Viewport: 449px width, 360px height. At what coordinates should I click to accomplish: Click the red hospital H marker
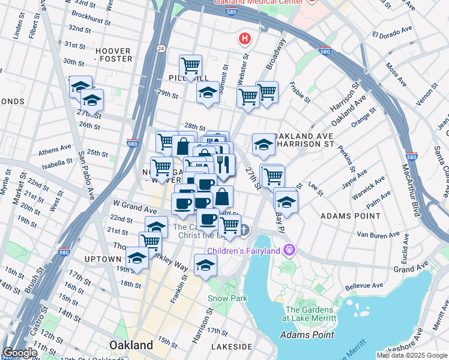click(x=244, y=40)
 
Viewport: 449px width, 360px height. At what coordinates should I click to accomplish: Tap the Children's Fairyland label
click(x=250, y=250)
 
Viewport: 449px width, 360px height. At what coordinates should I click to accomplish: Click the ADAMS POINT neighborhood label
click(x=351, y=215)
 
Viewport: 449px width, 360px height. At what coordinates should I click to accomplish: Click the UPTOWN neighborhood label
click(x=103, y=259)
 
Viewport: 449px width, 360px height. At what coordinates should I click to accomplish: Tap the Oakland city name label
click(x=131, y=345)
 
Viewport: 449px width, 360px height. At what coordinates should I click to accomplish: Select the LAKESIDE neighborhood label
click(x=232, y=347)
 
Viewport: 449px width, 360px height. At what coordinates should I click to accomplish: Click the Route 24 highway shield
click(x=161, y=48)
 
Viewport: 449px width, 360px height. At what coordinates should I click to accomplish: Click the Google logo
click(x=21, y=353)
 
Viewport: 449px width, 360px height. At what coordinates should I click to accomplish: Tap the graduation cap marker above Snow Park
click(x=205, y=264)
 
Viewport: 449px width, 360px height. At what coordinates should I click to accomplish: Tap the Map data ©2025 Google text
click(x=412, y=355)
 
